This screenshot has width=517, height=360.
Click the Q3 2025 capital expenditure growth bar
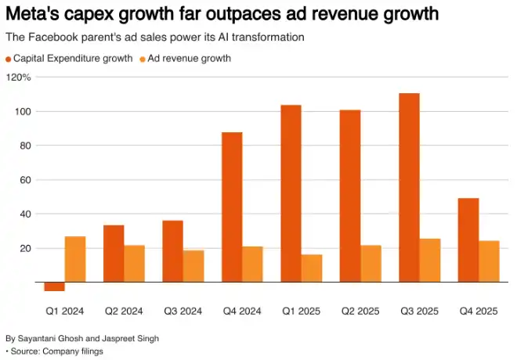(410, 188)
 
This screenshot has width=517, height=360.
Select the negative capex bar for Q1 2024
(54, 286)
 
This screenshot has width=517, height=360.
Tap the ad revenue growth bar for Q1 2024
(74, 259)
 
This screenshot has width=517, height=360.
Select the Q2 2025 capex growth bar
(350, 196)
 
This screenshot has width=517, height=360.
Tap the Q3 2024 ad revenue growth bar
(193, 266)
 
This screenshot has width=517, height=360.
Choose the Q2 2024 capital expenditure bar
(114, 254)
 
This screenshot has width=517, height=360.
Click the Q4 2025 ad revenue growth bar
(489, 261)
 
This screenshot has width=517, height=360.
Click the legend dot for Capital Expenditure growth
(9, 59)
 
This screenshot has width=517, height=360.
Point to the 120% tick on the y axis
(18, 77)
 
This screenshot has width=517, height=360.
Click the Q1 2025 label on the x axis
(301, 311)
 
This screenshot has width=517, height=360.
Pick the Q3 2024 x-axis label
(183, 311)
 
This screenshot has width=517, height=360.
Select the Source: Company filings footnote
(55, 351)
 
